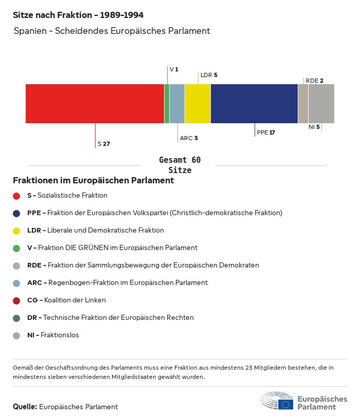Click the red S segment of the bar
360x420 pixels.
95,104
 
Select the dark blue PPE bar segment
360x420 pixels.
254,104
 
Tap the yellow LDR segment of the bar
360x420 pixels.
197,104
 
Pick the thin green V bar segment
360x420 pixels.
167,104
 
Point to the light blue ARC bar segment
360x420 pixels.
177,104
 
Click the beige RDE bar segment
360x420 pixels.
303,104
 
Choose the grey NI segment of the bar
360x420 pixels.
321,104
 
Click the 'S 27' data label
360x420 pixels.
103,144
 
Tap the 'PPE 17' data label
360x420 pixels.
266,132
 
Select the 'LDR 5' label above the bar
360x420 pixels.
209,75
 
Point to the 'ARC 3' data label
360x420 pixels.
189,138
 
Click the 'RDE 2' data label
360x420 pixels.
314,81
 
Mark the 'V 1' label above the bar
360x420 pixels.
174,69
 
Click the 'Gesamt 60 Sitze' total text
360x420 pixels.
179,165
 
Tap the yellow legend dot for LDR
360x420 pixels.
16,231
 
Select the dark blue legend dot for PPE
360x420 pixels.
16,213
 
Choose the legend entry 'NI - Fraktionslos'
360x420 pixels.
53,335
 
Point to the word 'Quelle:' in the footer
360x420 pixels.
25,407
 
